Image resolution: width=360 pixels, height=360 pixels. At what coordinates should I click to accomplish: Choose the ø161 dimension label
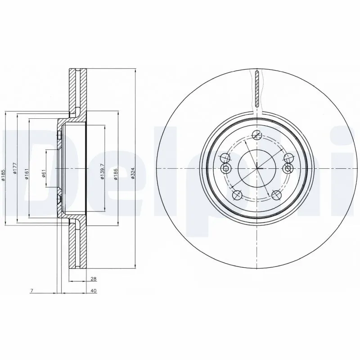(x=27, y=173)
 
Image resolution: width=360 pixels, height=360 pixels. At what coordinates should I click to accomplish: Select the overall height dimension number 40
(x=93, y=291)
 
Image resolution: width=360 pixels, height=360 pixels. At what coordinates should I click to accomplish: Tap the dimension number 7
(x=31, y=291)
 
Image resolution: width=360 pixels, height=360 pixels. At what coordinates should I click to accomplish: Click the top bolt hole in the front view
(x=257, y=134)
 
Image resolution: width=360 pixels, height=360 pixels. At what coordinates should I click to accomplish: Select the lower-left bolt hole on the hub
(x=238, y=194)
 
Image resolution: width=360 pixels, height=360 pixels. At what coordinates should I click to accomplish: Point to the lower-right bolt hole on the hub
(x=276, y=194)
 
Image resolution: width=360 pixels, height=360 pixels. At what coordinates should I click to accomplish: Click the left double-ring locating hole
(x=226, y=168)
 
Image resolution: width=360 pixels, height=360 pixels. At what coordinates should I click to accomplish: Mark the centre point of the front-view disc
(x=257, y=168)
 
